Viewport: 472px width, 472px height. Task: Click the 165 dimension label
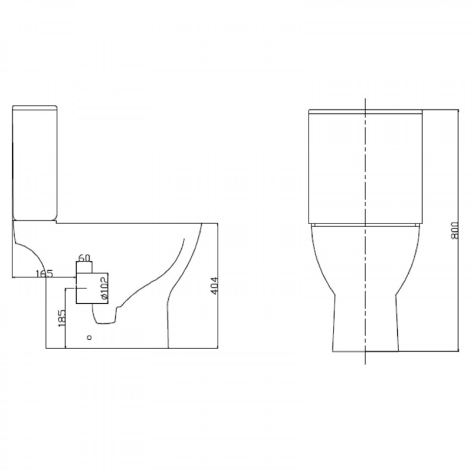(x=44, y=273)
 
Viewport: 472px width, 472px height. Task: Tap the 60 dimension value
(x=84, y=258)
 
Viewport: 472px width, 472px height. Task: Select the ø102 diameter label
(x=104, y=288)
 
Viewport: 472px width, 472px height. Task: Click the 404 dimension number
(x=214, y=286)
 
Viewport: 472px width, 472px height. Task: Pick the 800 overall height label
(x=454, y=230)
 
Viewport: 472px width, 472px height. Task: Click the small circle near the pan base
(x=89, y=337)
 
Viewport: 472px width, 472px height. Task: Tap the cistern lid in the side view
(x=35, y=107)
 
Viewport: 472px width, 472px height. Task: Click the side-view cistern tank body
(x=35, y=164)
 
